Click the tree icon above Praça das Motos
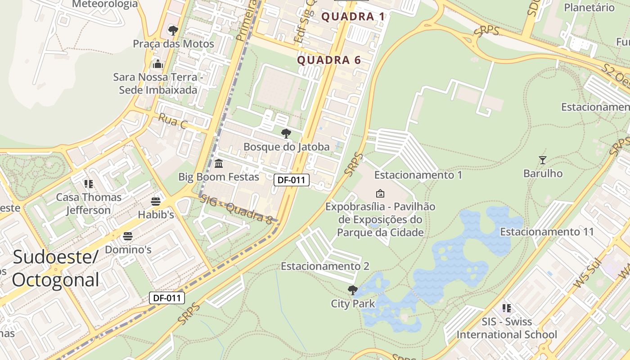pyautogui.click(x=173, y=31)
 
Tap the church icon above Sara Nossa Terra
pyautogui.click(x=157, y=64)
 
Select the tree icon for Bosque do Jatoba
pyautogui.click(x=286, y=134)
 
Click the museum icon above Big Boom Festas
pyautogui.click(x=219, y=163)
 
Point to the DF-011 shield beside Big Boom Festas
pyautogui.click(x=292, y=180)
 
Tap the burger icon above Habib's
pyautogui.click(x=156, y=202)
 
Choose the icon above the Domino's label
pyautogui.click(x=128, y=236)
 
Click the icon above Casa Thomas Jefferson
pyautogui.click(x=89, y=184)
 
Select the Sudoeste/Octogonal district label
pyautogui.click(x=55, y=268)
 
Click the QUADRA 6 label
pyautogui.click(x=329, y=60)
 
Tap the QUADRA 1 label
pyautogui.click(x=353, y=17)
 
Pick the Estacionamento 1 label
pyautogui.click(x=418, y=175)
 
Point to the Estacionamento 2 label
pyautogui.click(x=325, y=266)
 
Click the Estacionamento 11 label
pyautogui.click(x=547, y=232)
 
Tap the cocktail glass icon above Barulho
pyautogui.click(x=543, y=160)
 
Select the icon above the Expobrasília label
pyautogui.click(x=380, y=193)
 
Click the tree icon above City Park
pyautogui.click(x=353, y=290)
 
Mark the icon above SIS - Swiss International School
pyautogui.click(x=507, y=308)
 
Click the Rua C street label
pyautogui.click(x=172, y=121)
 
